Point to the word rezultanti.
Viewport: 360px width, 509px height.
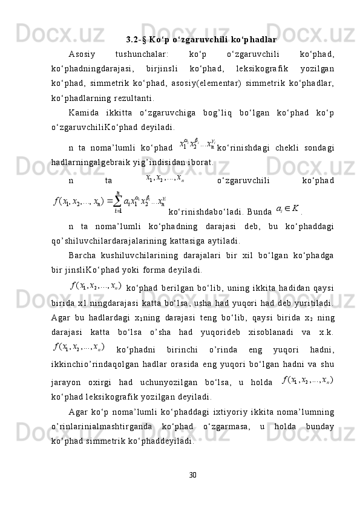coord(135,97)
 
